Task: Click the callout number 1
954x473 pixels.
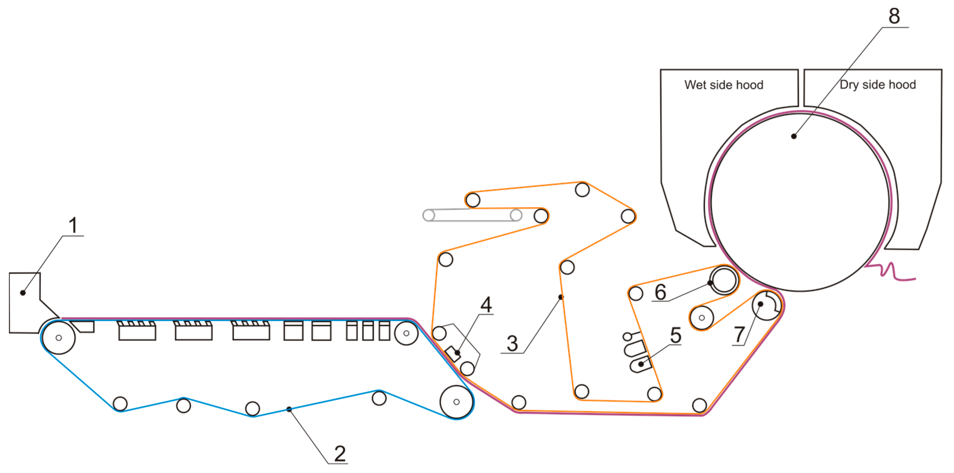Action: (73, 225)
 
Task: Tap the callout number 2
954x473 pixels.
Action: (340, 454)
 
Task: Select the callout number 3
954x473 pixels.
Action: (512, 343)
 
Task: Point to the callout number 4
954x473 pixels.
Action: (486, 305)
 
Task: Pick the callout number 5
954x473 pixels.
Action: (675, 335)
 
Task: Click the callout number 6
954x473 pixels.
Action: (660, 292)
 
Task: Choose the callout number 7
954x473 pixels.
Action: (739, 335)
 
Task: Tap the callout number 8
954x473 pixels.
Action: (894, 16)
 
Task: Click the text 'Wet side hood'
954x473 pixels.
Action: (724, 85)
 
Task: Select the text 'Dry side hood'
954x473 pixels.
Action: (878, 85)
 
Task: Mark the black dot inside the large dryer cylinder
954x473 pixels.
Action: (794, 136)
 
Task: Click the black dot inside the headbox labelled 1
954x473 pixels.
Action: (23, 293)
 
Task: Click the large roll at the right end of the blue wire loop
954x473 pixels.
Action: (456, 402)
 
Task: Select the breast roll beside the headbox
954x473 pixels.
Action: (58, 337)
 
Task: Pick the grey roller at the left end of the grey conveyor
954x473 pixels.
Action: (428, 215)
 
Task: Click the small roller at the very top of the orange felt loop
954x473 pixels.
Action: (582, 190)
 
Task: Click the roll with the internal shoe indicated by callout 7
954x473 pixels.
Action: (766, 306)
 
